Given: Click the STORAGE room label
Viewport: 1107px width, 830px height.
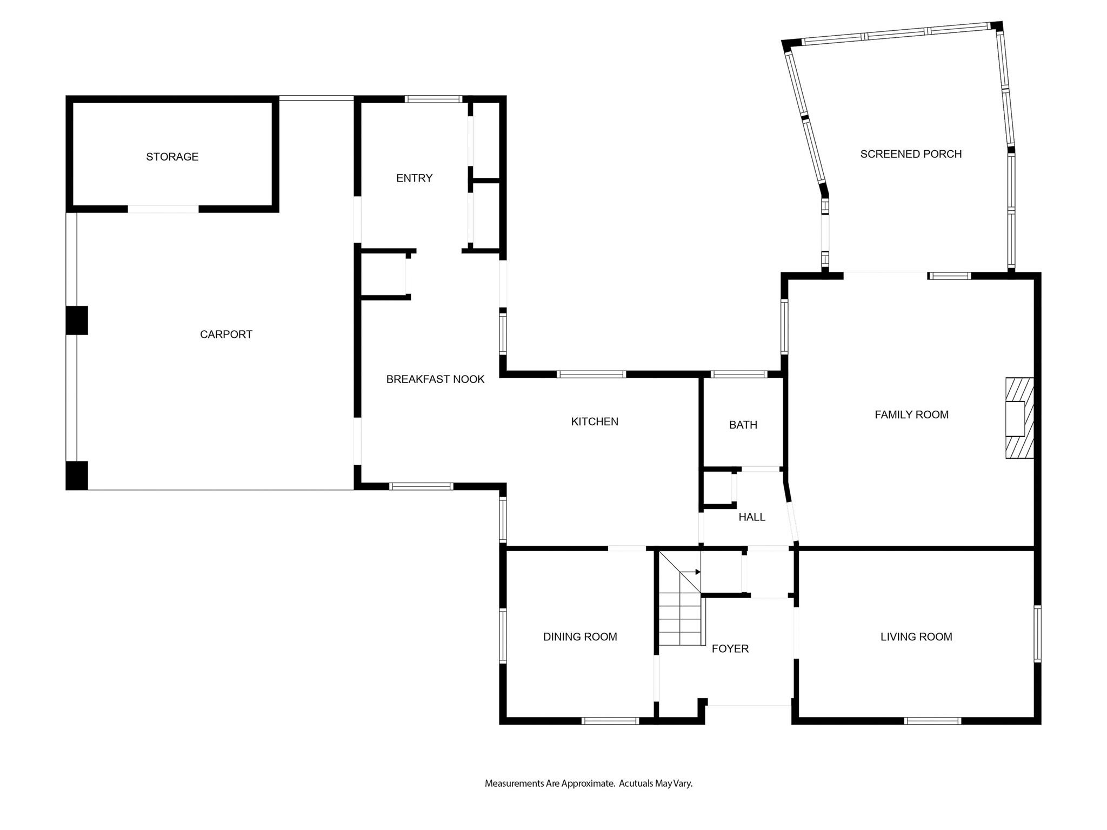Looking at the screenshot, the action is coord(172,157).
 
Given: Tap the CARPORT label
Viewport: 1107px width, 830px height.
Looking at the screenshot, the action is coord(226,334).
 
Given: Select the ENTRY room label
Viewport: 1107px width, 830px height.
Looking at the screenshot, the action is coord(414,178).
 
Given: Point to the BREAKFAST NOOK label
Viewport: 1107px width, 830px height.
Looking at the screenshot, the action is coord(435,379).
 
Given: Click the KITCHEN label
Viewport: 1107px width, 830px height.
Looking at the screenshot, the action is coord(595,421).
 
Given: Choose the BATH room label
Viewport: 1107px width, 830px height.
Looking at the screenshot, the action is coord(743,425).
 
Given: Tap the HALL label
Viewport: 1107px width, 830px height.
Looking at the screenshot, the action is coord(752,517).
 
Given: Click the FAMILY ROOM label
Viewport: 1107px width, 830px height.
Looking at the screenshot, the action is coord(911,414).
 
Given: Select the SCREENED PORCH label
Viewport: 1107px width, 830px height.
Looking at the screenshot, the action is coord(911,154).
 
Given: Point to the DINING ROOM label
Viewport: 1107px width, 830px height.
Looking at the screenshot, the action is coord(580,637).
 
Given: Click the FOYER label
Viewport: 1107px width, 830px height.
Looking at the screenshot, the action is coord(730,648).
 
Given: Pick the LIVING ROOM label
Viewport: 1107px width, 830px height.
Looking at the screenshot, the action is coord(916,637).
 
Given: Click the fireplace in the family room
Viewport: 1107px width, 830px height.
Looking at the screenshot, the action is coord(1019,418).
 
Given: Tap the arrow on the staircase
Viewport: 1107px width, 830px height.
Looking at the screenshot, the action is coord(690,572).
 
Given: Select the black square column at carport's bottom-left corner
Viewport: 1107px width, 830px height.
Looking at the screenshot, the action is coord(77,476).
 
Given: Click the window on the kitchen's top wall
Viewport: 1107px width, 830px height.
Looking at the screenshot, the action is coord(591,374).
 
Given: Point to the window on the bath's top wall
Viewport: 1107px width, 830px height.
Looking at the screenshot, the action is coord(739,374).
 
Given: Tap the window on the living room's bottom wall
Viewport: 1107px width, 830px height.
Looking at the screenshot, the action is coord(932,720).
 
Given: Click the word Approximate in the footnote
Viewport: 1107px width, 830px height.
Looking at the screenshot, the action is coord(588,783).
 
